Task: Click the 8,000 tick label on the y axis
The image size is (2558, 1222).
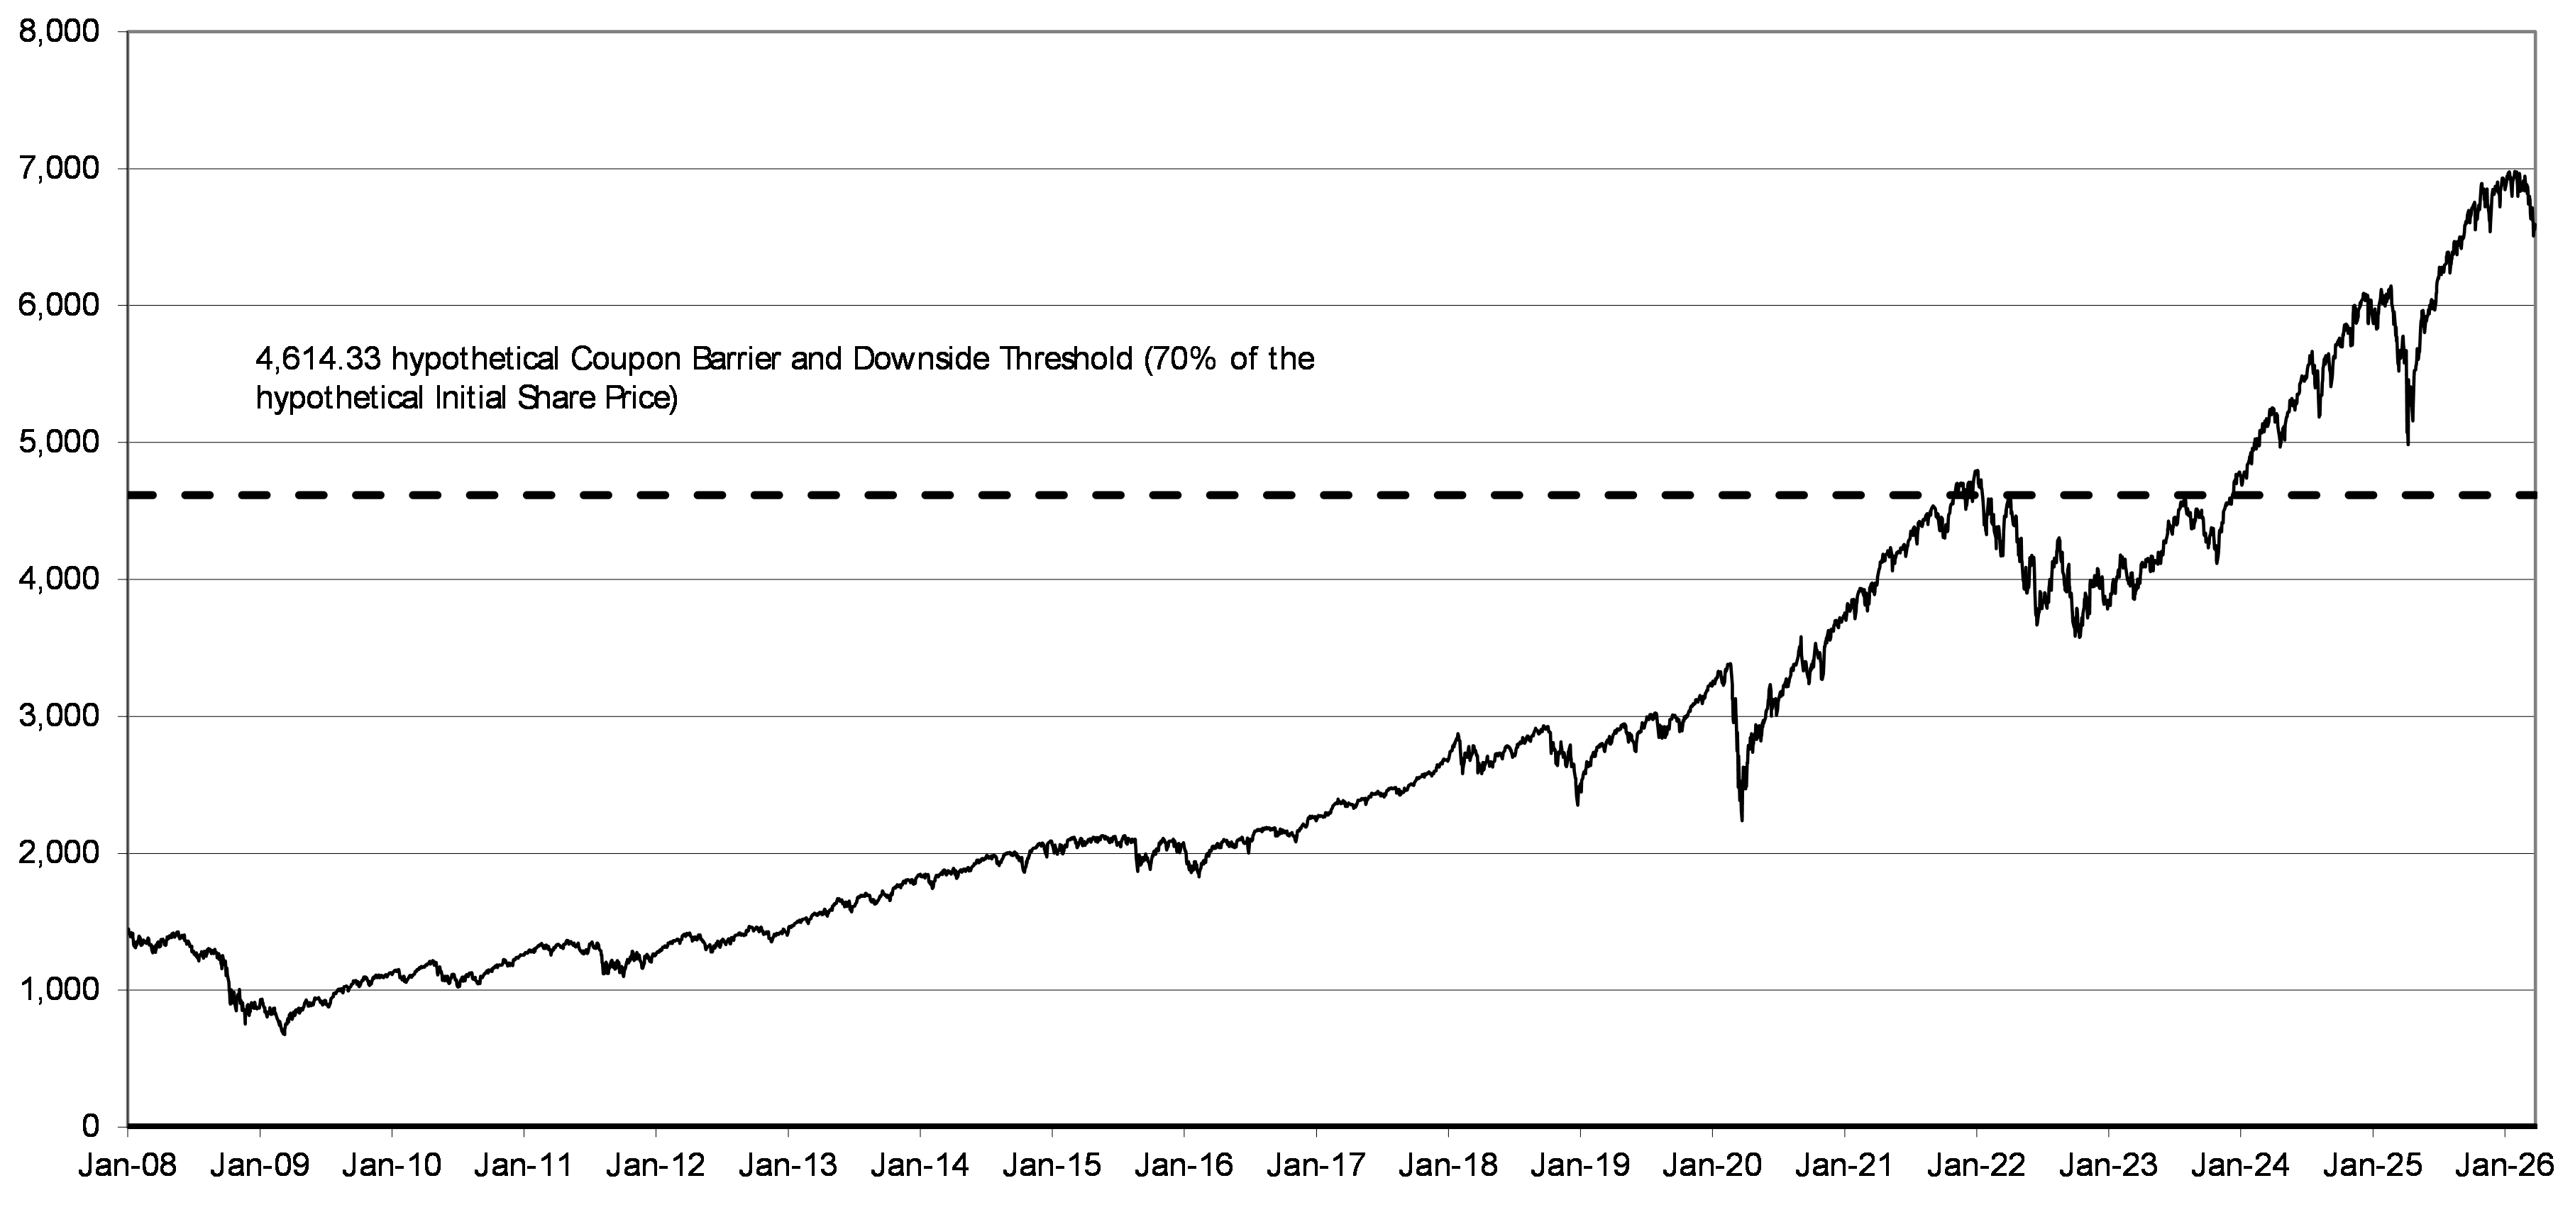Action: click(x=60, y=33)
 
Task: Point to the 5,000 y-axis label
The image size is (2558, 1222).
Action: click(x=60, y=443)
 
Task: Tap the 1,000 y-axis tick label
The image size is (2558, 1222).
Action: click(x=60, y=989)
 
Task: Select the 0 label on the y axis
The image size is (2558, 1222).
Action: click(x=92, y=1126)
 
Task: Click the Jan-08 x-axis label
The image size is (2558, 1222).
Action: click(x=128, y=1165)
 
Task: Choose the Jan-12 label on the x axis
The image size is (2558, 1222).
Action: click(x=656, y=1165)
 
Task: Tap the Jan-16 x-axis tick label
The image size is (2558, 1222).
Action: click(x=1184, y=1165)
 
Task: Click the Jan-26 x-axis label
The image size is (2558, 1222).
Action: click(x=2504, y=1165)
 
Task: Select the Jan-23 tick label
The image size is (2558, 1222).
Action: click(x=2108, y=1165)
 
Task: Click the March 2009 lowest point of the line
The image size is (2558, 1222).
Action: click(x=284, y=1034)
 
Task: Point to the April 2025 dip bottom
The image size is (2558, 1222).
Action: click(x=2407, y=444)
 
